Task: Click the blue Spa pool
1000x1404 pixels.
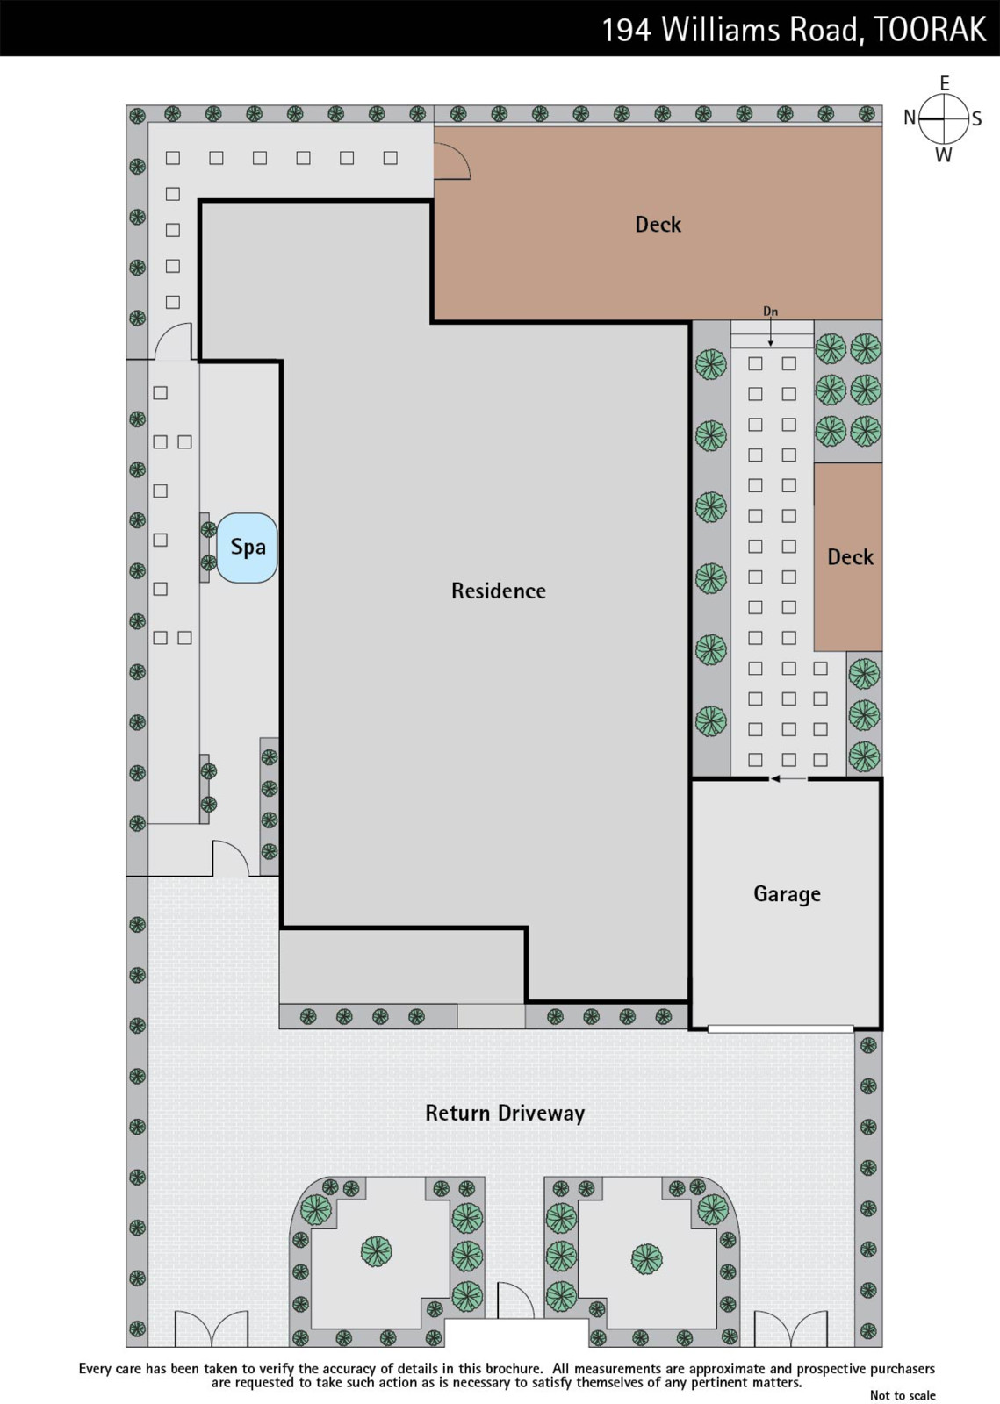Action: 247,548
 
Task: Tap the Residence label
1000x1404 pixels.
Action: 499,591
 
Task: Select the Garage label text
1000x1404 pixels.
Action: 787,894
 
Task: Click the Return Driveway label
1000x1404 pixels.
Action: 505,1113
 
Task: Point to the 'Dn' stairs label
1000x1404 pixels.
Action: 771,311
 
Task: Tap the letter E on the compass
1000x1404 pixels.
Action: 944,82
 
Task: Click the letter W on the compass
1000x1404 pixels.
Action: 944,154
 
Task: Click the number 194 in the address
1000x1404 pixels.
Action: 627,30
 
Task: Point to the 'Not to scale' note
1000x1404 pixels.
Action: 903,1394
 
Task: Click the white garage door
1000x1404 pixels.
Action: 781,1028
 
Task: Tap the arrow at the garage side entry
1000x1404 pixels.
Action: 788,779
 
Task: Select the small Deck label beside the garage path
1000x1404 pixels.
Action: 850,556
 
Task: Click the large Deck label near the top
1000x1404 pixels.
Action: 658,224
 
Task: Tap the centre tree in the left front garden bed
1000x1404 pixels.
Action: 376,1251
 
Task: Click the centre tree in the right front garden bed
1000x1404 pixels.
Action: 646,1258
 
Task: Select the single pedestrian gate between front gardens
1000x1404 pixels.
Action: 516,1300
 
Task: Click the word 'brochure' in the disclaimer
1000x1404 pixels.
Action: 514,1369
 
